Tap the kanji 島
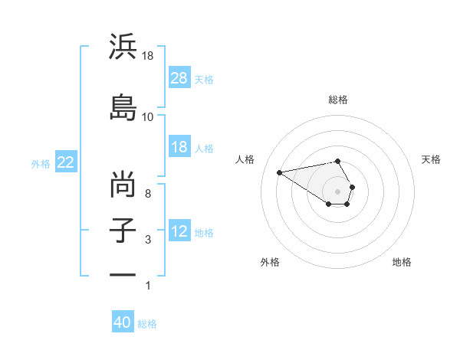[123, 106]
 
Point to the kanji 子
[123, 230]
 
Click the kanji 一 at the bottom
[123, 275]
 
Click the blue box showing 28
[179, 78]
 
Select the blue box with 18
[179, 147]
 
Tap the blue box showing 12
[179, 231]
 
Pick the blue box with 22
[66, 162]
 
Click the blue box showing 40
[123, 322]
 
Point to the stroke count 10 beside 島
[148, 117]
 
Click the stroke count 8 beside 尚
[148, 194]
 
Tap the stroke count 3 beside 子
[148, 240]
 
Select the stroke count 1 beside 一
[148, 286]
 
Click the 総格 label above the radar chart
[338, 100]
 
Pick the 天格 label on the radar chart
[431, 159]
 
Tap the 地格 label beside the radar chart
[402, 262]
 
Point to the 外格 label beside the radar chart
[270, 262]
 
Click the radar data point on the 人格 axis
[280, 172]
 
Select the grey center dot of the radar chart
[338, 190]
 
